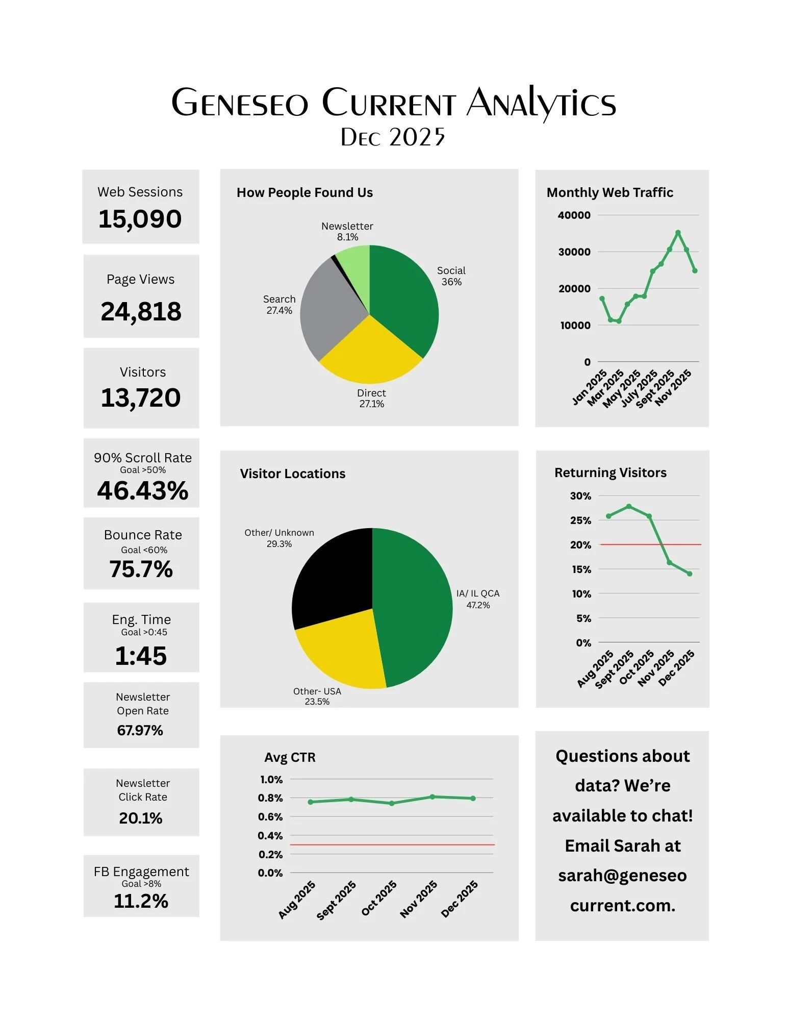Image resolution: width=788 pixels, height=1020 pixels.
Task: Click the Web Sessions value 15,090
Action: point(140,219)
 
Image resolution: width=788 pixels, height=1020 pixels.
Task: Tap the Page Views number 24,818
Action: point(141,312)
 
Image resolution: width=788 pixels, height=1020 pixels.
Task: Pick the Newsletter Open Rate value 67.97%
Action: point(140,731)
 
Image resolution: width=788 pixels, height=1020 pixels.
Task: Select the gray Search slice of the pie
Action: point(326,311)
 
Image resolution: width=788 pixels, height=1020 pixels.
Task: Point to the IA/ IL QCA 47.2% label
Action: point(478,599)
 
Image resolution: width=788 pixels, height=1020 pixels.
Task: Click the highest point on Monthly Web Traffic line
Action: point(678,233)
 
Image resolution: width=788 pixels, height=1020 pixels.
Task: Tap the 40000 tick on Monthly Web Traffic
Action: point(574,215)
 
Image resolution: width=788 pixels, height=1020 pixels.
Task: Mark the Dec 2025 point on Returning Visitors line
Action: point(690,574)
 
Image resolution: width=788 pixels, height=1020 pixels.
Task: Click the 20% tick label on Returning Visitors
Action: point(580,545)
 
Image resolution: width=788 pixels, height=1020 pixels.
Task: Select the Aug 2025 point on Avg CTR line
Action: point(311,802)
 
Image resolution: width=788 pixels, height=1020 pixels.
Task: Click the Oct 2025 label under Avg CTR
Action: point(379,898)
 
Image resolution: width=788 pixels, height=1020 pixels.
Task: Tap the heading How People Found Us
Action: point(304,192)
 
